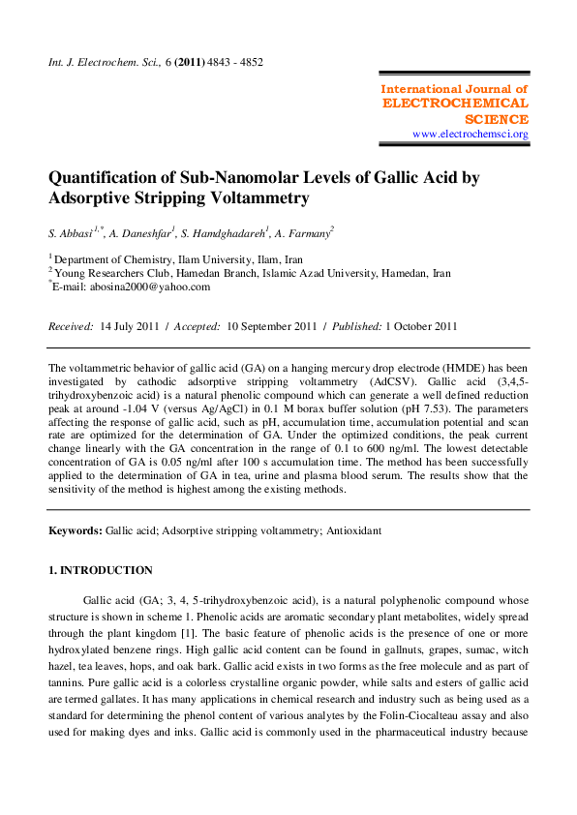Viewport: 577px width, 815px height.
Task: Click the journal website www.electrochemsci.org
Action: point(471,135)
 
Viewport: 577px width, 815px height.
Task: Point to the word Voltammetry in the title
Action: point(261,198)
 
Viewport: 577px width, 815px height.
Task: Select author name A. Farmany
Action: point(303,233)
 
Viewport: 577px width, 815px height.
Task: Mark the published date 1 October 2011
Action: point(421,326)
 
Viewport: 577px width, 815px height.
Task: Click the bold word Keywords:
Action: point(76,530)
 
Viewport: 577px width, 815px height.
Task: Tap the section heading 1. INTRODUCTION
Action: point(101,570)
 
